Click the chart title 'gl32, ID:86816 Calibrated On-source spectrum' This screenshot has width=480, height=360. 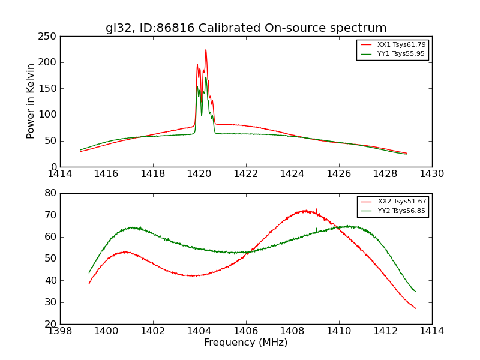click(246, 28)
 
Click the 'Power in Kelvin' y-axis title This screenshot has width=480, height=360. click(31, 101)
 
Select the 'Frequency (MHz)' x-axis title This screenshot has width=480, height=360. click(246, 343)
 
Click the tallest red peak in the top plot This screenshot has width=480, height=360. click(206, 50)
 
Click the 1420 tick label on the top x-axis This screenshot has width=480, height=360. click(199, 173)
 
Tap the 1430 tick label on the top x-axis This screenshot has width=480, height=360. click(431, 173)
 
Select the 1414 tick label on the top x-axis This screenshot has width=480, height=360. click(60, 173)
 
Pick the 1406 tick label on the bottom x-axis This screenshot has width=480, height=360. click(245, 331)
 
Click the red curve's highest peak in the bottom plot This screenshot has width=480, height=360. click(305, 211)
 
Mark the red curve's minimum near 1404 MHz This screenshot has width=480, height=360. click(193, 275)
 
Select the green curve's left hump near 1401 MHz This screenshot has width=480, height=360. click(131, 227)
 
